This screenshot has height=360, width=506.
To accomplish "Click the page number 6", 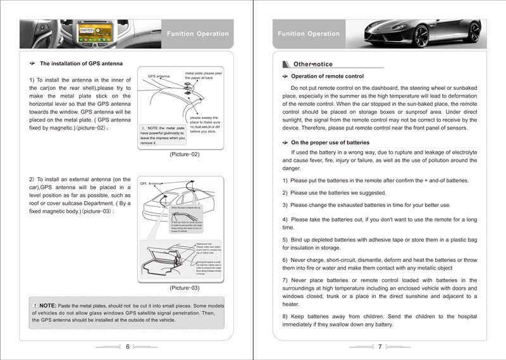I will click(127, 346).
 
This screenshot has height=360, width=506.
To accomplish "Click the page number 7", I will click(380, 346).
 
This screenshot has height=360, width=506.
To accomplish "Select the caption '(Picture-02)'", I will click(185, 154).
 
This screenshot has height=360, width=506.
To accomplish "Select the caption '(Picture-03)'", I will click(185, 288).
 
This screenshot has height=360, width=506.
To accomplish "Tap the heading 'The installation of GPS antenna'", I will click(81, 64).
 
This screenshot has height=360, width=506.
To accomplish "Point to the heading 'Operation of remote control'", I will click(327, 77).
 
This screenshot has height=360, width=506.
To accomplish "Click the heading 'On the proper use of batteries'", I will click(330, 142).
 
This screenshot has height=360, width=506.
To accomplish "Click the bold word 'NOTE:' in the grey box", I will click(47, 306).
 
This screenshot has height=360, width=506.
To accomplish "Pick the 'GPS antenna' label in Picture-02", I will click(159, 77).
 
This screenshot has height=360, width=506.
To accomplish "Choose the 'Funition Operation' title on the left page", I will click(197, 34).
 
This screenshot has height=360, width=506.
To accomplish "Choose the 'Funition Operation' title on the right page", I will click(309, 34).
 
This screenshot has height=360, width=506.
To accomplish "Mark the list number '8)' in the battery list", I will click(285, 316).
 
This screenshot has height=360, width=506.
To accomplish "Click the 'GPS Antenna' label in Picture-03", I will click(152, 183).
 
